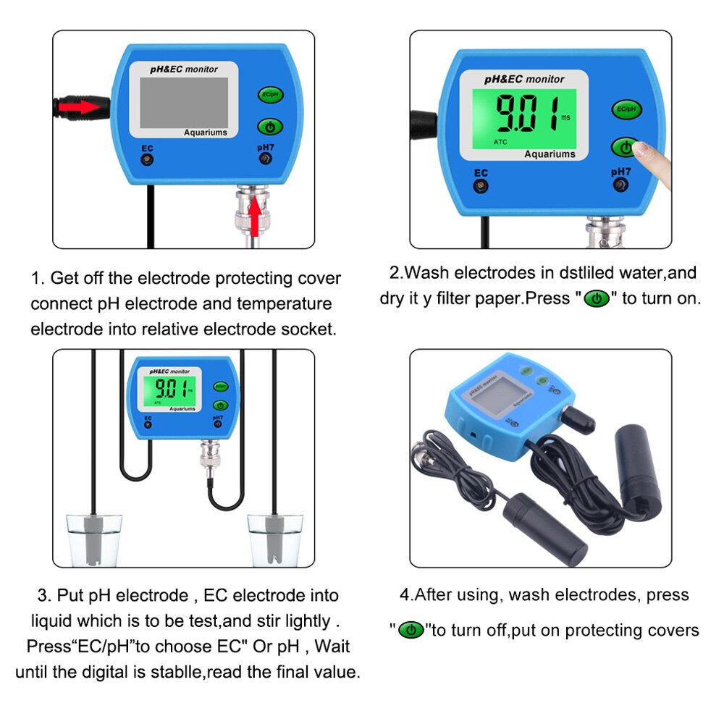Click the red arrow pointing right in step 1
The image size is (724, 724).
tap(80, 107)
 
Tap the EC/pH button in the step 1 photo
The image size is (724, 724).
tap(269, 95)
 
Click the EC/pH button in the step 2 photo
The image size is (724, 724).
tap(626, 109)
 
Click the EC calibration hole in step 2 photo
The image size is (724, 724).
tap(480, 187)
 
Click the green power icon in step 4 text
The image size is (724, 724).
tap(412, 630)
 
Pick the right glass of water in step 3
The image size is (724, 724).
tap(274, 539)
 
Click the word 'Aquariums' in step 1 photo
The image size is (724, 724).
tap(205, 132)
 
